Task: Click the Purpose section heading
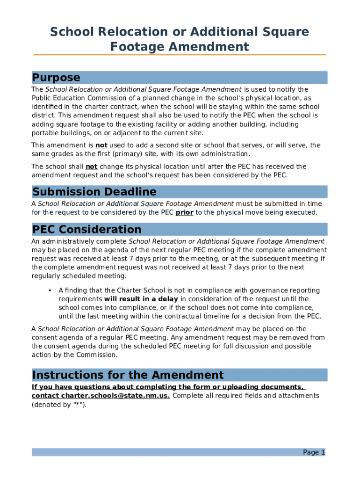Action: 56,78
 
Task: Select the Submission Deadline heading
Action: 94,192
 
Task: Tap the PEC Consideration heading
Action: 86,229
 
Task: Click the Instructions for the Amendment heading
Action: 128,375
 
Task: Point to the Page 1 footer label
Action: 314,452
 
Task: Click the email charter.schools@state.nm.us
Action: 115,396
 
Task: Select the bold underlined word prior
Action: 184,212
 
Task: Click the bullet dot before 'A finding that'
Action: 50,290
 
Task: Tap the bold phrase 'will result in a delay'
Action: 141,299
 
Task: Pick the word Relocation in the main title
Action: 123,32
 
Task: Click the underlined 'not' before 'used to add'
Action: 101,145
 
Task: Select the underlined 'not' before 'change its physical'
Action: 91,167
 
